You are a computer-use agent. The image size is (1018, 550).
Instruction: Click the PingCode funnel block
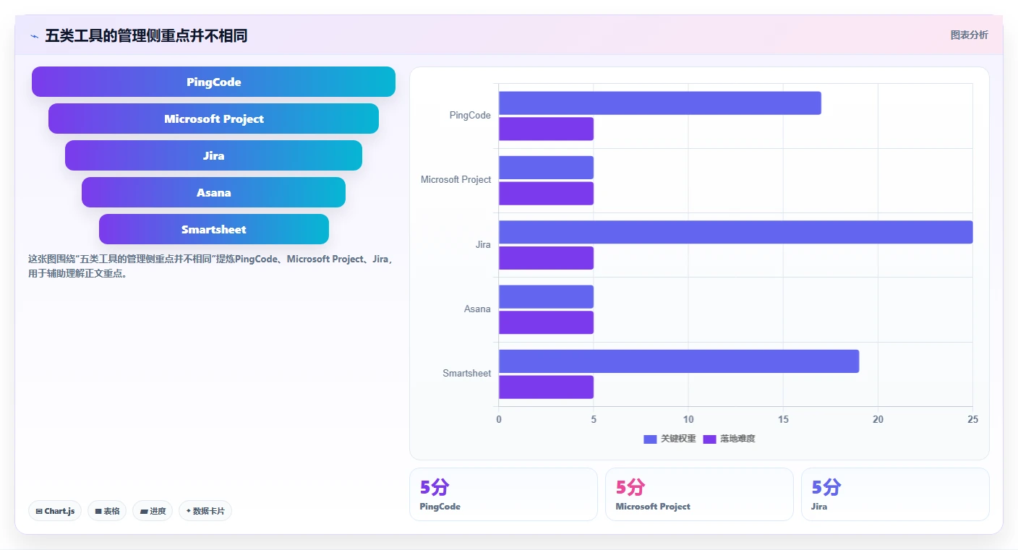coord(213,82)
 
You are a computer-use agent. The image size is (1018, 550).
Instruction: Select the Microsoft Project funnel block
coord(213,119)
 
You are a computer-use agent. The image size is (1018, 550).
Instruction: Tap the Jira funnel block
coord(213,155)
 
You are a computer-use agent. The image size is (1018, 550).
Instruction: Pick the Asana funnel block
coord(213,192)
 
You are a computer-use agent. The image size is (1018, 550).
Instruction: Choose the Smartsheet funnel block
coord(213,229)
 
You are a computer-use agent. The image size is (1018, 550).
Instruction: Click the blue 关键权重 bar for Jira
coord(736,232)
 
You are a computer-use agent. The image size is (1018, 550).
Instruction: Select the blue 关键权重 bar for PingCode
coord(660,103)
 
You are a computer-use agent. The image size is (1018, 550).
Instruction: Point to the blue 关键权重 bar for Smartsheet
coord(679,361)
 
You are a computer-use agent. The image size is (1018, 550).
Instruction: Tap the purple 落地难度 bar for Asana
coord(547,322)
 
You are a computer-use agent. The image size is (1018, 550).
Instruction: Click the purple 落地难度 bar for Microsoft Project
coord(547,194)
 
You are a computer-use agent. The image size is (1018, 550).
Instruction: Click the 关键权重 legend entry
coord(670,439)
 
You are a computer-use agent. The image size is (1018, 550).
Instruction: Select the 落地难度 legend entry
coord(729,439)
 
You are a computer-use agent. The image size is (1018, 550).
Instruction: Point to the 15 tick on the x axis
coord(783,419)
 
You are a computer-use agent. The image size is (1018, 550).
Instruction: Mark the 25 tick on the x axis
coord(972,419)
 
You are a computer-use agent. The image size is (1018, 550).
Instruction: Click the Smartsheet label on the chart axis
coord(467,374)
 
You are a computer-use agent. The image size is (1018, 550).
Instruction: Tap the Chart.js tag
coord(55,511)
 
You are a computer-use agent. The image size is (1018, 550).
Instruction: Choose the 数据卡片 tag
coord(205,511)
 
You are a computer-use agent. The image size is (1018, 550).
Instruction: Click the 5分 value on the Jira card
coord(826,487)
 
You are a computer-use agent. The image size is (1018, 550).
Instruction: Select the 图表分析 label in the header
coord(970,35)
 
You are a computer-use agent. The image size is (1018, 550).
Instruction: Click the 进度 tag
coord(153,511)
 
